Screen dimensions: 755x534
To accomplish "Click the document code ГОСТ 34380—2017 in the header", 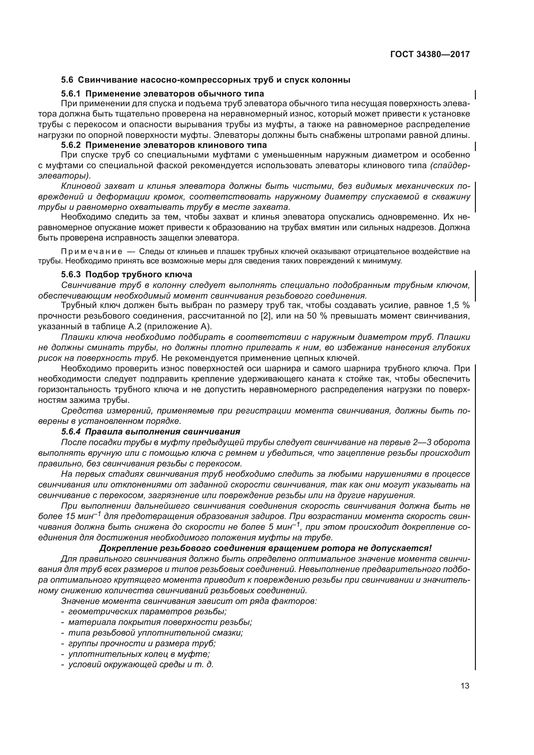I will pos(430,54).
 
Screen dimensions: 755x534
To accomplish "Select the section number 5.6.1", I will pos(71,94).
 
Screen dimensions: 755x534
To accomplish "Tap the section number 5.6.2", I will pos(71,145).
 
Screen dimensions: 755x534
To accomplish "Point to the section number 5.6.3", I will pos(71,274).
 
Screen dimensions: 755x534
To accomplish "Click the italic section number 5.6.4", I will pos(71,432).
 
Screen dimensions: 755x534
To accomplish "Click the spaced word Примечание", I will pos(92,251).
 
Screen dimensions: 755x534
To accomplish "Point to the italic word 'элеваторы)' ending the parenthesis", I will pos(64,176).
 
